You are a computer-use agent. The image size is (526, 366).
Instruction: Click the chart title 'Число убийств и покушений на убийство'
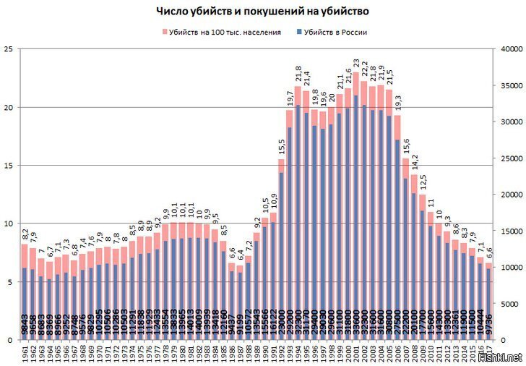pyautogui.click(x=263, y=12)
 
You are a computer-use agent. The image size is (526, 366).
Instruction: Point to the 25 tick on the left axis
pyautogui.click(x=9, y=49)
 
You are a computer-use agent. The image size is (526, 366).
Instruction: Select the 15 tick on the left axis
pyautogui.click(x=9, y=166)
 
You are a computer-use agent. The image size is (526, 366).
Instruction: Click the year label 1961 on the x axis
pyautogui.click(x=25, y=354)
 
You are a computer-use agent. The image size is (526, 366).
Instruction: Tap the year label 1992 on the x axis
pyautogui.click(x=280, y=354)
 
